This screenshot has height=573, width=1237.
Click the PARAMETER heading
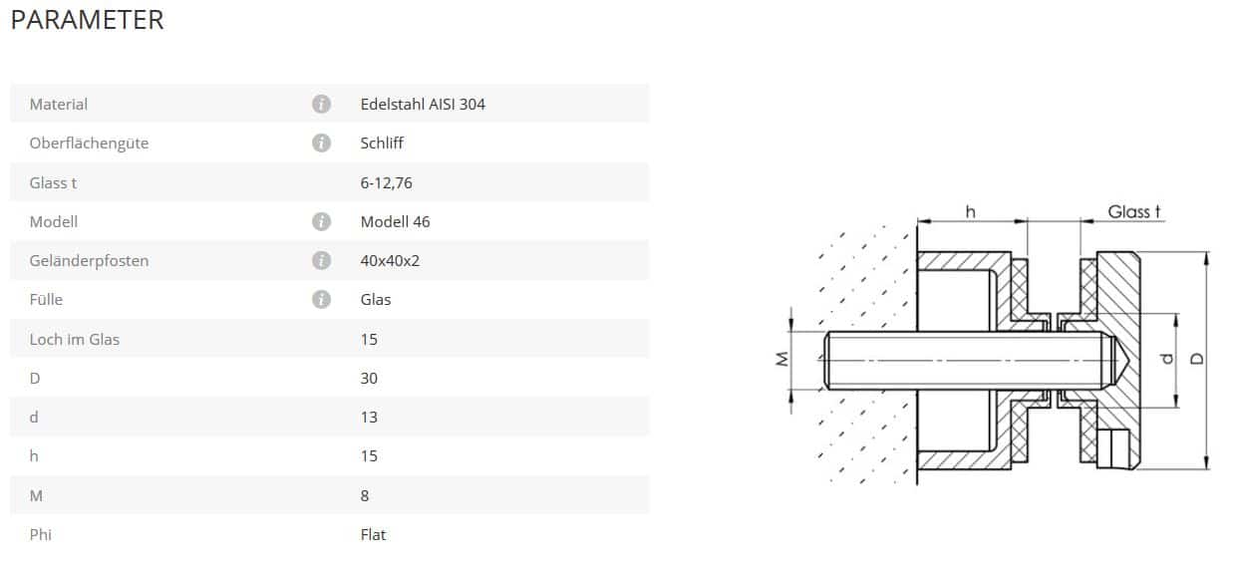pyautogui.click(x=88, y=20)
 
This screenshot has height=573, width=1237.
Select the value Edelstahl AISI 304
pyautogui.click(x=423, y=105)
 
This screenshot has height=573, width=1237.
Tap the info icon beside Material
pyautogui.click(x=321, y=104)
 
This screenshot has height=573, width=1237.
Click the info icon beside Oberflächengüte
pyautogui.click(x=321, y=143)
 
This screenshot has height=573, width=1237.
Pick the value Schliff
pyautogui.click(x=382, y=143)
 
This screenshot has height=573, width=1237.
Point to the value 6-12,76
pyautogui.click(x=386, y=182)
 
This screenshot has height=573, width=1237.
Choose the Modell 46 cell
pyautogui.click(x=395, y=221)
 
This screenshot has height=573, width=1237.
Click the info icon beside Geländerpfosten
pyautogui.click(x=321, y=260)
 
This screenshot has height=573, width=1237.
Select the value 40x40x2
pyautogui.click(x=390, y=260)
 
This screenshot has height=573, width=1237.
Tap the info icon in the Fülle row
pyautogui.click(x=321, y=299)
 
